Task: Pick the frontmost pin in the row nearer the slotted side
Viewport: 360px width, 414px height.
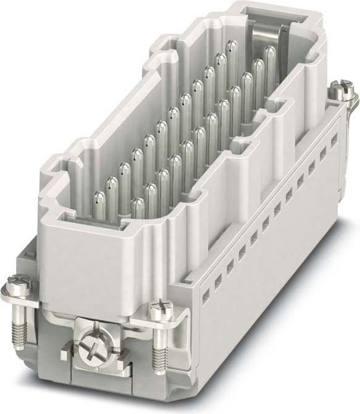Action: [x=138, y=206]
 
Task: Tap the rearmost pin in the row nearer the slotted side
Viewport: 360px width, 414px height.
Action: [x=269, y=54]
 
